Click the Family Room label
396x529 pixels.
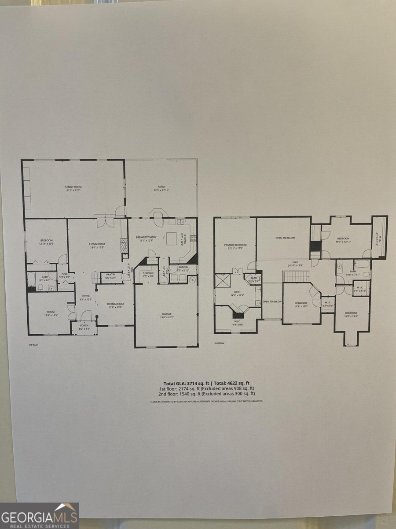coord(73,187)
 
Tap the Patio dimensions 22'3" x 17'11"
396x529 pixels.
coord(161,190)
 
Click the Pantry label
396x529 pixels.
coord(111,274)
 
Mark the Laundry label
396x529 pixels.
coord(183,267)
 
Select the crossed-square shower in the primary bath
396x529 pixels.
coord(221,282)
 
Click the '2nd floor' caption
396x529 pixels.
coord(219,343)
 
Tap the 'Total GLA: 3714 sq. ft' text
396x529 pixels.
coord(183,383)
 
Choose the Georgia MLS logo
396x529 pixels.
coord(40,516)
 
